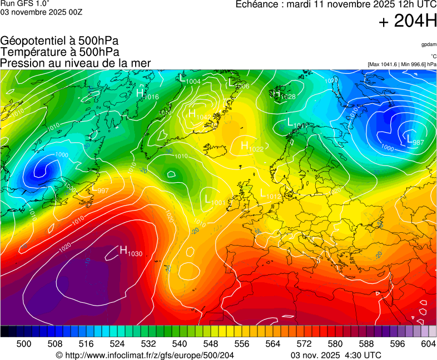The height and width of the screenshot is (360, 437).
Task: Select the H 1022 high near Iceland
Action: point(252,147)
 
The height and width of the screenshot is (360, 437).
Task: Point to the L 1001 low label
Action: point(215,200)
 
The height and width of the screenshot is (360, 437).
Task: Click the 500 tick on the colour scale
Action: point(24,344)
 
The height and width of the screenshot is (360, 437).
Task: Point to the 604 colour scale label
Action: point(428,344)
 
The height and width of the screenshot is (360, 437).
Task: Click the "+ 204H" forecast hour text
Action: point(407,22)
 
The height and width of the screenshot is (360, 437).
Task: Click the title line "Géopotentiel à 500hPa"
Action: point(59,41)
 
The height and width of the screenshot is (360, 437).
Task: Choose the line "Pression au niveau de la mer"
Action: point(76,63)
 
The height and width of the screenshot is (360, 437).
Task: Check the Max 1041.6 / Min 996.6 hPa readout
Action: point(401,64)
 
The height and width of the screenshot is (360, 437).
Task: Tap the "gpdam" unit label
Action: point(428,44)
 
